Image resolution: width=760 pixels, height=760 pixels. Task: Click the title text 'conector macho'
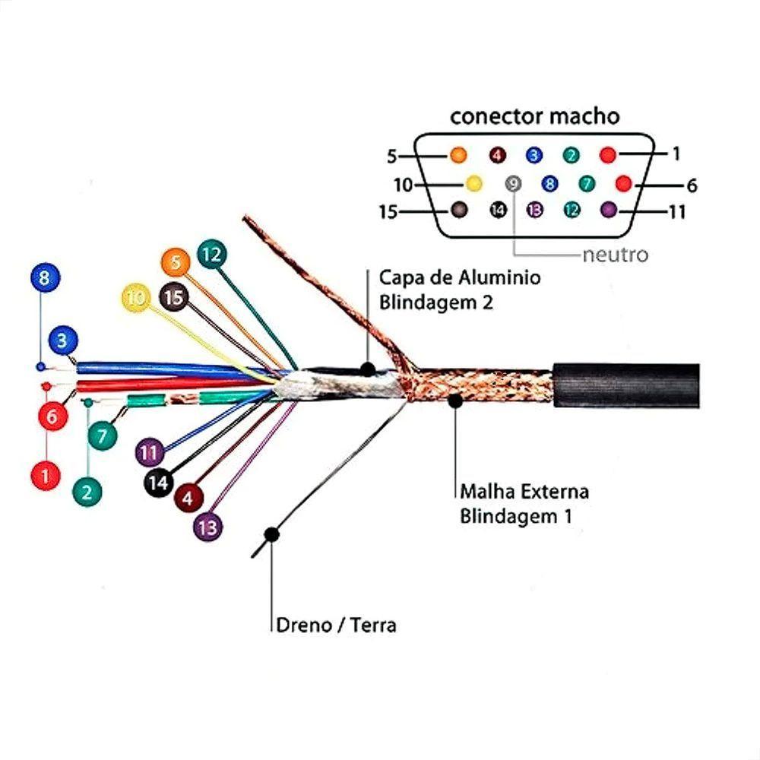point(534,116)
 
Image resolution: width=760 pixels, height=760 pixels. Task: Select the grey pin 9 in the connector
point(515,183)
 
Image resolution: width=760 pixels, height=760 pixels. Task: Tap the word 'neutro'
point(615,255)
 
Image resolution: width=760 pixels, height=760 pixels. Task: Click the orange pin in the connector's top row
point(458,155)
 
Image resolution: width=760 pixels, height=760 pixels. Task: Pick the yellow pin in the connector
point(473,183)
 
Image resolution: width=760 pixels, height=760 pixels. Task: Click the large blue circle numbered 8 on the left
point(44,277)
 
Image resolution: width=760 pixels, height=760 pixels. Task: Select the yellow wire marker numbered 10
point(137,299)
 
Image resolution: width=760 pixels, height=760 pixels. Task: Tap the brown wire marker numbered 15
point(175,297)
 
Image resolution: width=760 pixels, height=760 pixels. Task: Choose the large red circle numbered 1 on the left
point(46,476)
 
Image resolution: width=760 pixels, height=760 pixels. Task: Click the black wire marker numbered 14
point(158,482)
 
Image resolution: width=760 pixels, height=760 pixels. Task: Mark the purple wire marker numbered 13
point(208,526)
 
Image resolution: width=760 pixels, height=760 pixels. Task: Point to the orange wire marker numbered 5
point(176,263)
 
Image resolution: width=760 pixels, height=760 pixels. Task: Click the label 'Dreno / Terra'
point(334,625)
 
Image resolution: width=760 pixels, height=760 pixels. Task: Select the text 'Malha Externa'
point(524,491)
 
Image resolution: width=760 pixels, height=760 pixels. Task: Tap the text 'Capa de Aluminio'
point(460,277)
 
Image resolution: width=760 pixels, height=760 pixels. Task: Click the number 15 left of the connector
point(388,212)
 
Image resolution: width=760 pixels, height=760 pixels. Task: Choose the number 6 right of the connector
point(691,185)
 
